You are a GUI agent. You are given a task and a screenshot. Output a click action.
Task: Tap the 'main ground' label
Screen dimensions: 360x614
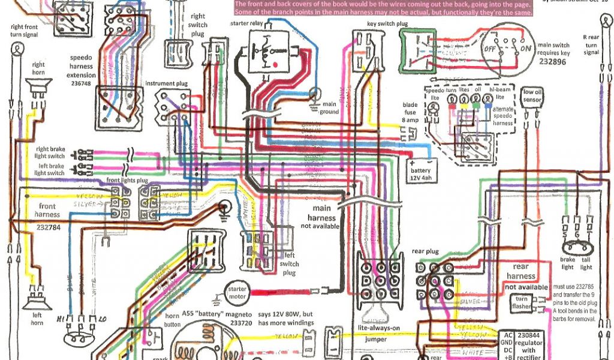click(x=329, y=107)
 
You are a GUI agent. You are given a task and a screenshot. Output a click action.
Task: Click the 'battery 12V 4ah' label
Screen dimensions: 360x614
click(x=421, y=175)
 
